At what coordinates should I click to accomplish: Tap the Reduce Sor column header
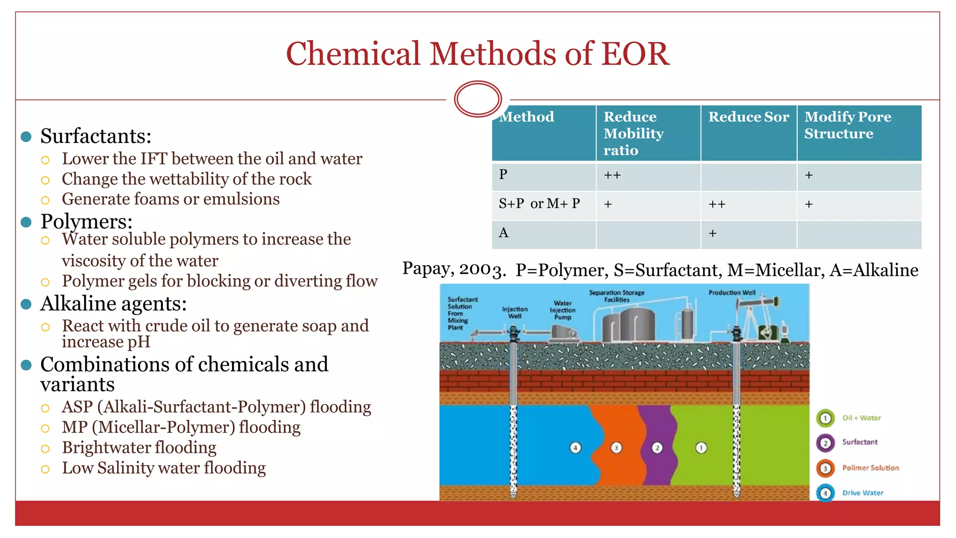748,117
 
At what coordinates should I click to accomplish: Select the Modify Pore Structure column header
847,125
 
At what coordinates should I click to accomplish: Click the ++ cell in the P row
612,176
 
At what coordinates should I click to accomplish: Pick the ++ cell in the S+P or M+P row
717,205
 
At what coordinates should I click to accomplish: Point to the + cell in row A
712,234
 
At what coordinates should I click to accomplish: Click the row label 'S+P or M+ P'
539,204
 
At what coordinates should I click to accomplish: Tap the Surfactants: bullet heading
96,136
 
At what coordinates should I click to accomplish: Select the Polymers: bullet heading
86,221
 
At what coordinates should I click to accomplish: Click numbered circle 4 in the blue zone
575,448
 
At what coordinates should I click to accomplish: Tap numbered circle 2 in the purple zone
657,448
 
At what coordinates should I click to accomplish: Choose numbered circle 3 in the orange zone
616,448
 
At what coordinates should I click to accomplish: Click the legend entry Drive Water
862,493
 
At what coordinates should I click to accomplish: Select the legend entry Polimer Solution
870,467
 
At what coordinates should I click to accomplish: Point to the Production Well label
731,293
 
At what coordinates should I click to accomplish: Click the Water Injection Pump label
562,310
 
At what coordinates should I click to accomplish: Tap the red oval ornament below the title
478,99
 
